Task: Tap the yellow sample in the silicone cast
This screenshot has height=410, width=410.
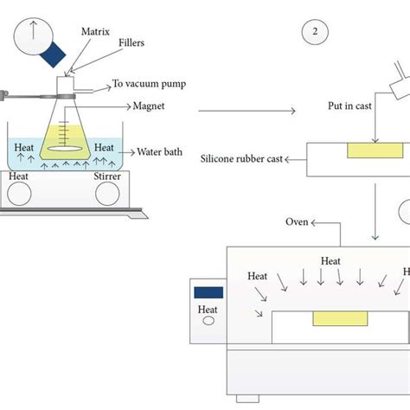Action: point(373,151)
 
